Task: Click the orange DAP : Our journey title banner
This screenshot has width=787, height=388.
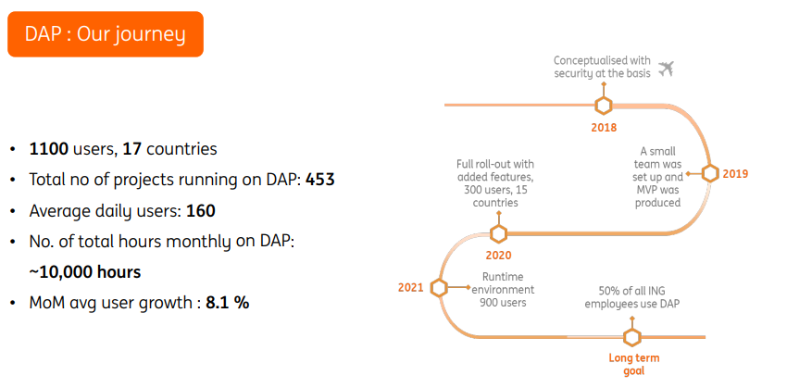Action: tap(105, 34)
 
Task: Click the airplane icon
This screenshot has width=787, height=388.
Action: tap(666, 69)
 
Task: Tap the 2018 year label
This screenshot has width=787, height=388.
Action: tap(604, 128)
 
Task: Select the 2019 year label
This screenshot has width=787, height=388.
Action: tap(736, 173)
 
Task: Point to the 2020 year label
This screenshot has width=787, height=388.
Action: tap(498, 256)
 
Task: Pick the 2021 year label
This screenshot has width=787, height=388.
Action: tap(411, 287)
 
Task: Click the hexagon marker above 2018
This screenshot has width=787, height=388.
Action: tap(604, 105)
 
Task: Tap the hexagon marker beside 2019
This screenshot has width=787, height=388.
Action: tap(710, 173)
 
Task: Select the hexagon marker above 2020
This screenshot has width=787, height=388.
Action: tap(498, 232)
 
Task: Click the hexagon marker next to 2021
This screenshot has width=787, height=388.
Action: tap(439, 287)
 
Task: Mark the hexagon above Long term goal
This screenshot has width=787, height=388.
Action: tap(633, 337)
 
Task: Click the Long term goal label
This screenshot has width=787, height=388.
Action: tap(633, 364)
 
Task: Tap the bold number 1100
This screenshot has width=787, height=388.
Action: tap(48, 148)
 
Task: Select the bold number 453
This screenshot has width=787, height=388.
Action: tap(319, 179)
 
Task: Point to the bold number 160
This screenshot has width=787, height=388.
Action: tap(200, 210)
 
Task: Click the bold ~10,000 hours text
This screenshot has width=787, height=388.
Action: tap(85, 272)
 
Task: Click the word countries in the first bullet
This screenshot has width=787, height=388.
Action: tap(182, 148)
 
